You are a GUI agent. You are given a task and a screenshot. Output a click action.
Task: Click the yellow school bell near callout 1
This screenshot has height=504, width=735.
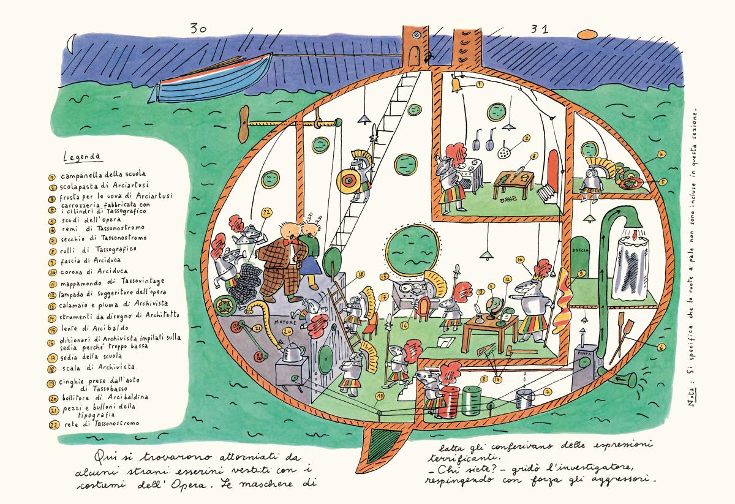(x=456, y=83)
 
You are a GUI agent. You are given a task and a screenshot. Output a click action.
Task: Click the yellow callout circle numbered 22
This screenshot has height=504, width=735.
(x=266, y=213)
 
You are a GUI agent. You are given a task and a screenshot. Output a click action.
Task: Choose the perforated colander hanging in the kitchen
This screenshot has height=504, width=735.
(x=505, y=148)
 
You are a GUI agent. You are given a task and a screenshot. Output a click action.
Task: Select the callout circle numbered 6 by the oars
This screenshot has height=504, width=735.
(x=662, y=347)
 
